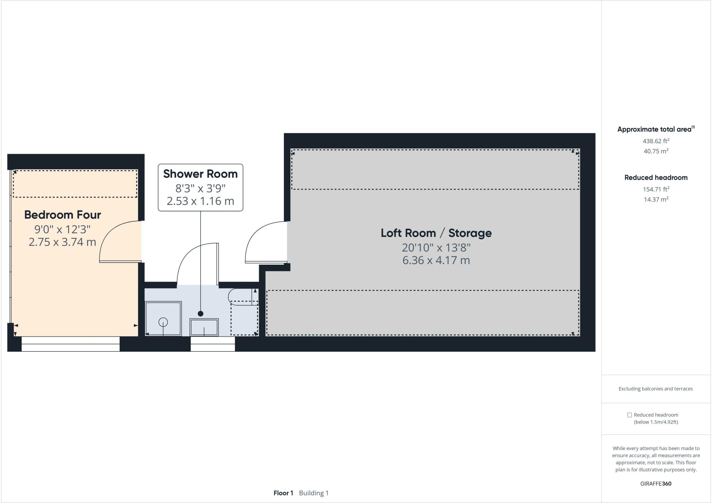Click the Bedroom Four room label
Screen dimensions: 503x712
click(63, 215)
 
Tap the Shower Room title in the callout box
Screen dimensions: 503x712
click(200, 174)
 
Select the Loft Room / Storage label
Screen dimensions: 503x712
click(436, 233)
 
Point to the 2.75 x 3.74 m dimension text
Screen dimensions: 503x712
click(62, 242)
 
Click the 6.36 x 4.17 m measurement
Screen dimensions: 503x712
click(436, 261)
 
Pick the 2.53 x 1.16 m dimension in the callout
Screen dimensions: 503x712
click(200, 201)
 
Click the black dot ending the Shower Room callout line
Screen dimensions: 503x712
click(200, 314)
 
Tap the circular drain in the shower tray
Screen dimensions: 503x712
click(163, 322)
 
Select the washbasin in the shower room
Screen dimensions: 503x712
click(204, 327)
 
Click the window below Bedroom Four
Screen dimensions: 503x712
click(71, 344)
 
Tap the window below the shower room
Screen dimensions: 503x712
click(213, 344)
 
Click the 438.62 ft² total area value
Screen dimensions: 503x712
click(656, 141)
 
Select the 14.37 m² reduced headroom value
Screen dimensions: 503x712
click(656, 200)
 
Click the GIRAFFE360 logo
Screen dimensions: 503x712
click(656, 484)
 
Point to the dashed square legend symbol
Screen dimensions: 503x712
click(629, 415)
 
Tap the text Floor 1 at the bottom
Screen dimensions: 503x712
click(283, 493)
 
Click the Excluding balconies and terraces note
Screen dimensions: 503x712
click(655, 389)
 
